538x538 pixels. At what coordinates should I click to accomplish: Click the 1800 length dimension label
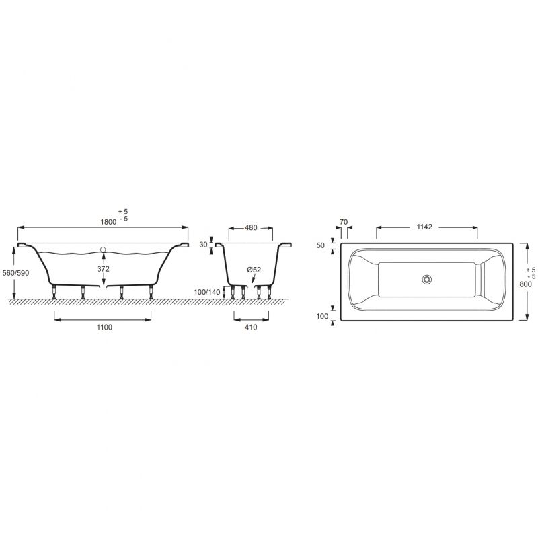108,222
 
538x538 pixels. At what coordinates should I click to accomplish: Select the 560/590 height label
15,273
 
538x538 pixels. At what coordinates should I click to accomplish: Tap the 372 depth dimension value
104,269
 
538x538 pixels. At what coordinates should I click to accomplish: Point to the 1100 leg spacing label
104,328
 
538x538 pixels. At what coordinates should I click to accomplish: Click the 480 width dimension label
251,228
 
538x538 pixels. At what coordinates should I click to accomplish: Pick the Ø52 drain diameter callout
254,270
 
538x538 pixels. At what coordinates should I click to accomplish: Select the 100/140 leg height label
207,293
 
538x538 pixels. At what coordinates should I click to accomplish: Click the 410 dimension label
251,328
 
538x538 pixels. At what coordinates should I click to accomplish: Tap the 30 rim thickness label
204,245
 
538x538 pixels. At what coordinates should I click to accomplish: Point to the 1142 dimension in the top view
424,227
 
